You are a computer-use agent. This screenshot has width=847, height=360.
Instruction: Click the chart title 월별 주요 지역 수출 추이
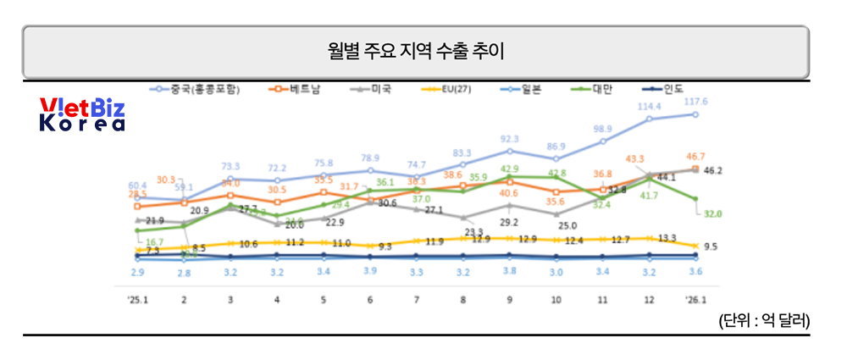coord(415,52)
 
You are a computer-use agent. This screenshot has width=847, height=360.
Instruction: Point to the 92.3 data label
coord(510,138)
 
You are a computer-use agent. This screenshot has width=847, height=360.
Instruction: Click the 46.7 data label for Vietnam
coord(695,157)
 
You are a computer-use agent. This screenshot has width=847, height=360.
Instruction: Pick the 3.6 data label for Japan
coord(695,271)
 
